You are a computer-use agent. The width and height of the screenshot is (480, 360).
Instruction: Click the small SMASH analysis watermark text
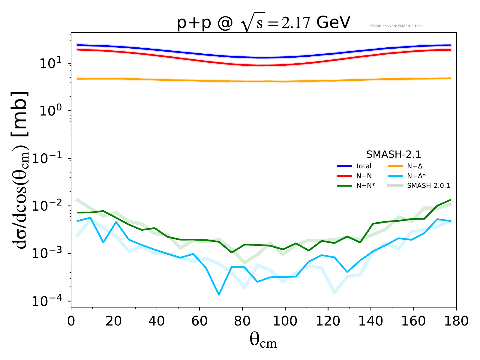[x=396, y=26]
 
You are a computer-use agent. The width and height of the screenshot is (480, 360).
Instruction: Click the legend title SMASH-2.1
[x=394, y=154]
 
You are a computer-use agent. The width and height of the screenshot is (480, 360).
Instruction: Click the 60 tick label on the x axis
[x=199, y=321]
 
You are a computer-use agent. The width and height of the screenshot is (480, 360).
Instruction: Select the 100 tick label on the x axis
[x=285, y=321]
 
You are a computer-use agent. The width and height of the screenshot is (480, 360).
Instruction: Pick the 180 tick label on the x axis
[x=456, y=321]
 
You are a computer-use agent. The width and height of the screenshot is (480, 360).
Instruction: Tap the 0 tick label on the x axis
[x=71, y=321]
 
